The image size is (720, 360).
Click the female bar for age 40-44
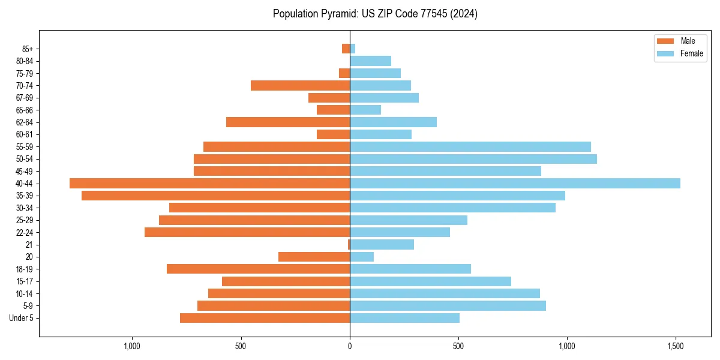(515, 184)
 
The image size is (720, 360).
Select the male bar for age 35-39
(215, 196)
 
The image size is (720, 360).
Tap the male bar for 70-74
(300, 86)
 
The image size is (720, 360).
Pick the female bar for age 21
(382, 245)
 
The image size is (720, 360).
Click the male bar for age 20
(314, 257)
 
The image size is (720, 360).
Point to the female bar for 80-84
(370, 61)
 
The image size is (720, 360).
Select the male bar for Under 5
(265, 318)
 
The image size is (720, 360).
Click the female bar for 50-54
(473, 159)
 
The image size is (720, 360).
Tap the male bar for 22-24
(247, 232)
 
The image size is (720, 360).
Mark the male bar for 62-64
(288, 122)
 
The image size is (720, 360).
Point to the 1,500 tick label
(676, 346)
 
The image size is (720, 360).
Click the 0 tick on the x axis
(350, 346)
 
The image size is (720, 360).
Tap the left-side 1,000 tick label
(132, 346)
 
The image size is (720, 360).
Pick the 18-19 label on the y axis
(25, 269)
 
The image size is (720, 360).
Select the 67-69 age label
(25, 98)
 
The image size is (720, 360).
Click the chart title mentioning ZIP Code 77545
(375, 14)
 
